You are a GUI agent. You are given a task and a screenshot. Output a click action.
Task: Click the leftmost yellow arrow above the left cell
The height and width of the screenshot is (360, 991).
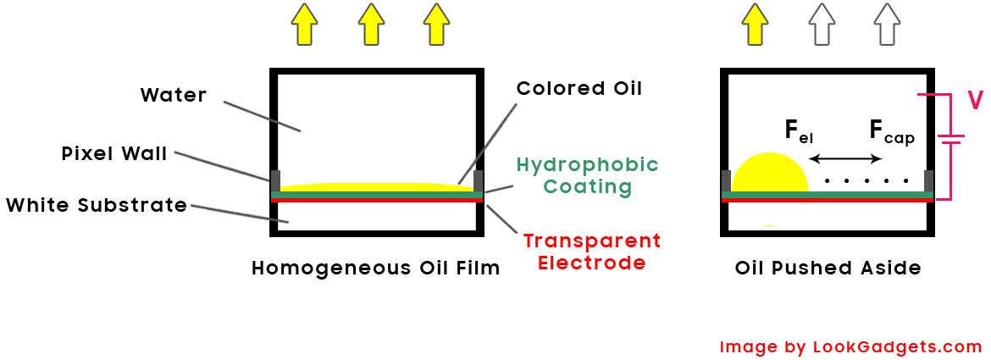coord(304,25)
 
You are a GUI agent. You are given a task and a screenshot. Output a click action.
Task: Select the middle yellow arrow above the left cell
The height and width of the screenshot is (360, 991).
coord(370,25)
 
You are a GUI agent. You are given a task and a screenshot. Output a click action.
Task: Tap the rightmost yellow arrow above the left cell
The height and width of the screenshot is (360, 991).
coord(435,25)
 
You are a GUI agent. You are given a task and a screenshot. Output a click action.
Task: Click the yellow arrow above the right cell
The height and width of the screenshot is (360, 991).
coord(755,25)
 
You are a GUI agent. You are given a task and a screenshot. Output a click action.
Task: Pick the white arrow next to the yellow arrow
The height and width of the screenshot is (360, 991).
coord(821,25)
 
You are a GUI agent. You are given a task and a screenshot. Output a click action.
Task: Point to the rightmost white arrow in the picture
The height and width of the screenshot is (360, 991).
coord(887,25)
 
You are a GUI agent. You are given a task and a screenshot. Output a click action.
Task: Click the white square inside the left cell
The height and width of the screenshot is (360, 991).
coord(290,110)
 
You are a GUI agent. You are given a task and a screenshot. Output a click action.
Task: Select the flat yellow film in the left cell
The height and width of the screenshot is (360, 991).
coord(377,187)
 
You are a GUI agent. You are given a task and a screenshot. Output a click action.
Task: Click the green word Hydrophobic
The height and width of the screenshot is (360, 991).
coord(588,164)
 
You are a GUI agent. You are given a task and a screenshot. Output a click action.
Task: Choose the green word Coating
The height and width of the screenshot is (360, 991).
coord(588,186)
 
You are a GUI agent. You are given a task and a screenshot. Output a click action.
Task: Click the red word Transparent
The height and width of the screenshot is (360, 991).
coord(591,241)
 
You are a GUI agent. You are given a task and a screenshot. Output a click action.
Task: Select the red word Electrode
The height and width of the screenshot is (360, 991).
coord(591,263)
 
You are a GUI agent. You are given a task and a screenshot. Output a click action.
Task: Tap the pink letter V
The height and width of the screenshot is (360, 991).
coord(975,101)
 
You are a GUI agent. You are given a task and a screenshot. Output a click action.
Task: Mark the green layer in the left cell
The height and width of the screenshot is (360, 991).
coord(377,195)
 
